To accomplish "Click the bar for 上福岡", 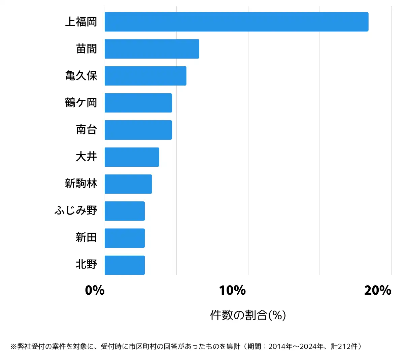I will click(236, 22).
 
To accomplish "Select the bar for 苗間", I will click(152, 49).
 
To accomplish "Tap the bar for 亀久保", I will click(145, 76).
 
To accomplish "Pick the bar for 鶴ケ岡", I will click(138, 103).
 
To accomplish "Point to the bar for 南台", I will click(138, 130).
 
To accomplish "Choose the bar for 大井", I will click(132, 157).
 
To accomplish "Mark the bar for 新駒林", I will click(128, 184).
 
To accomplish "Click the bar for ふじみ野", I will click(125, 211).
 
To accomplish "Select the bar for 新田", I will click(125, 238).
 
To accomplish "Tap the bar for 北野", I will click(125, 265).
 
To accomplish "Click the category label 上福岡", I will click(81, 22).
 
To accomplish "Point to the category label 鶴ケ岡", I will click(81, 103).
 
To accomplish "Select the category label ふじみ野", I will click(76, 211).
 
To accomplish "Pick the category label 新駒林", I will click(81, 184).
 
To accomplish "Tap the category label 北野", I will click(87, 265).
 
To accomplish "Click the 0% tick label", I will click(95, 290).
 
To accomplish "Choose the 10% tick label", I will click(232, 290).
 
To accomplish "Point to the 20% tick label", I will click(378, 290).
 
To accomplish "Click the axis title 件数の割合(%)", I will click(248, 315).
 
